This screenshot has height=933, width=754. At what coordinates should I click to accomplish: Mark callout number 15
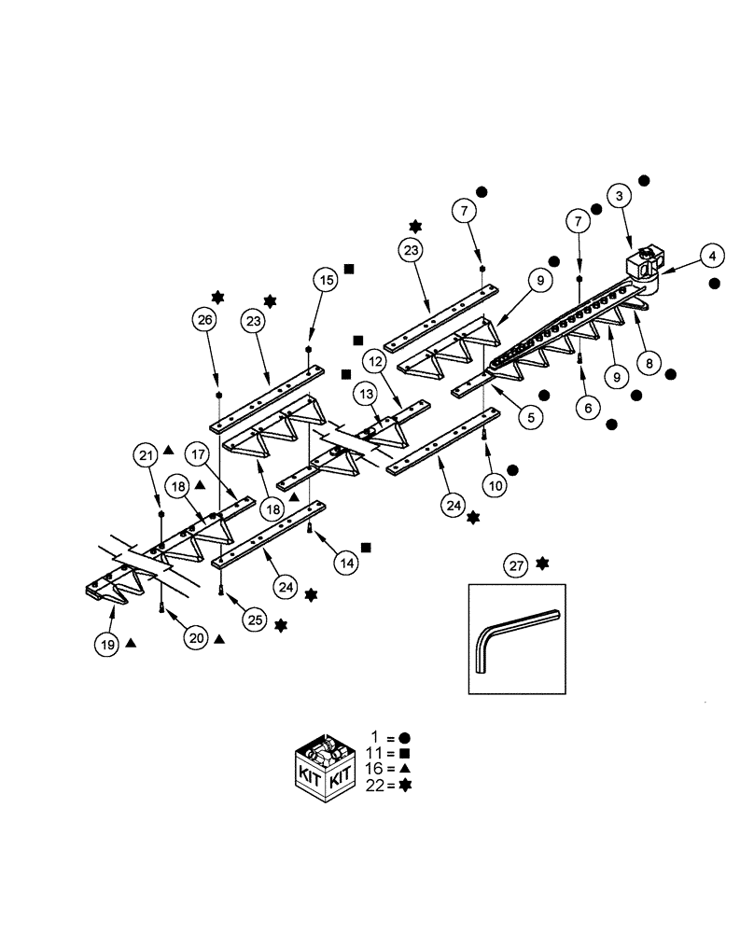(x=325, y=279)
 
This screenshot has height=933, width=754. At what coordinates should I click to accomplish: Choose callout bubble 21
(x=146, y=455)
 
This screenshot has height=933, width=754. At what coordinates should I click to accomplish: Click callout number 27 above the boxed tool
(x=516, y=564)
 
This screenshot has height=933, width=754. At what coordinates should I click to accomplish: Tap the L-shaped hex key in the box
(x=515, y=639)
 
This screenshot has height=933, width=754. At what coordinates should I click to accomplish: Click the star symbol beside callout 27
(x=543, y=564)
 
